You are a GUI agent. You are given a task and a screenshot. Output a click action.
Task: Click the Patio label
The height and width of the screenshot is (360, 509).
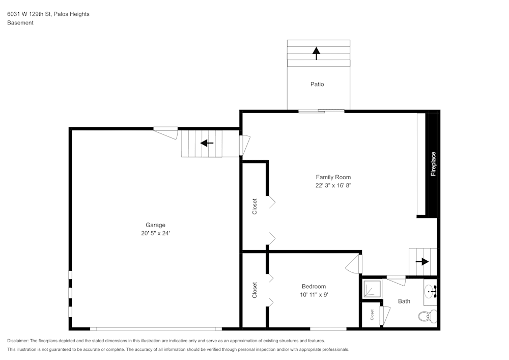tap(317, 84)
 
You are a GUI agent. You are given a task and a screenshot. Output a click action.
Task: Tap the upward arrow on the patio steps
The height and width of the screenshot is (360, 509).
tap(316, 53)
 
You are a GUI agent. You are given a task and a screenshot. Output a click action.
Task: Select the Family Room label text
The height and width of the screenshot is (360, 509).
tap(333, 177)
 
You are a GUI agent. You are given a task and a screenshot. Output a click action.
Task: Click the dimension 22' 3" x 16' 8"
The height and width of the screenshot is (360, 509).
tap(333, 186)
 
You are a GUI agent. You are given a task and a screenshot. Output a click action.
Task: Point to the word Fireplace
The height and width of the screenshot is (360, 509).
tap(433, 164)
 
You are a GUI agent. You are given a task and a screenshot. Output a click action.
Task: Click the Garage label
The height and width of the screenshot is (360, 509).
tap(155, 225)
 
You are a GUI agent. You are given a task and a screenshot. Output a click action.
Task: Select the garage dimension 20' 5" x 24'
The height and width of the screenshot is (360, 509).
tap(155, 233)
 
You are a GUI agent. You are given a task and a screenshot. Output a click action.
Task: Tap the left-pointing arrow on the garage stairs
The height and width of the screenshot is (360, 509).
tap(207, 143)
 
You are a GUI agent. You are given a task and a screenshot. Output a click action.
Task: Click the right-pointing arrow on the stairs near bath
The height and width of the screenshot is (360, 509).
tap(422, 262)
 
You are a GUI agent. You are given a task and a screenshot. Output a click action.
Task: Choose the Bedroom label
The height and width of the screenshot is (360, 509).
tap(314, 287)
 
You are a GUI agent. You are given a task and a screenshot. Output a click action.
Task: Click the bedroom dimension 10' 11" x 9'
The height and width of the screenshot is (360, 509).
tap(314, 295)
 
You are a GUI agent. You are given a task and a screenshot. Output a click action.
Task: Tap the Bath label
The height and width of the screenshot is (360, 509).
tap(404, 301)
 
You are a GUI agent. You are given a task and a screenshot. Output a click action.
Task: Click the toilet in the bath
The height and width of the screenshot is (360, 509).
tap(427, 316)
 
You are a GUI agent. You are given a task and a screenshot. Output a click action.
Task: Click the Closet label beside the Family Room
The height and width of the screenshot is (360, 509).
tap(254, 206)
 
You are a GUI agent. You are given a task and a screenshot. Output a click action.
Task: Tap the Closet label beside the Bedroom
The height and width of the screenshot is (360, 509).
tap(254, 290)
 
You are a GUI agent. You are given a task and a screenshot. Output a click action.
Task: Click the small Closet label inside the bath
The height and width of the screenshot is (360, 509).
tap(372, 315)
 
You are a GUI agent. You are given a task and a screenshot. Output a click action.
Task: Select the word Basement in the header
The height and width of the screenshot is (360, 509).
tap(20, 23)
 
